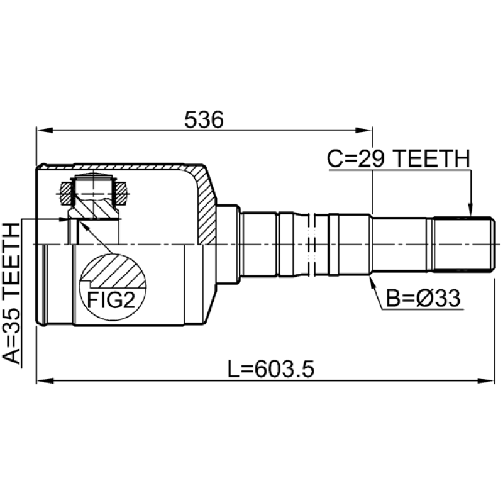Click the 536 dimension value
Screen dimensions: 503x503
(x=204, y=119)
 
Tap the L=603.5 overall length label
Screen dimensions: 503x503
(x=271, y=369)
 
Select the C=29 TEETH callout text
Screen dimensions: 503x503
(x=399, y=159)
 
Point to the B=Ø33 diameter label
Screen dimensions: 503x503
(x=423, y=298)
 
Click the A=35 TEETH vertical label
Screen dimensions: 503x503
(x=11, y=294)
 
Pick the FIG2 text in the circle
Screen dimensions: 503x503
(x=111, y=300)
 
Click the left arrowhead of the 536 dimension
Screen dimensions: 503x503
(x=44, y=130)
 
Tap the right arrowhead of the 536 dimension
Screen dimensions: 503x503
(x=365, y=130)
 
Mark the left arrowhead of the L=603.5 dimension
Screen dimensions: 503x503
(x=44, y=381)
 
